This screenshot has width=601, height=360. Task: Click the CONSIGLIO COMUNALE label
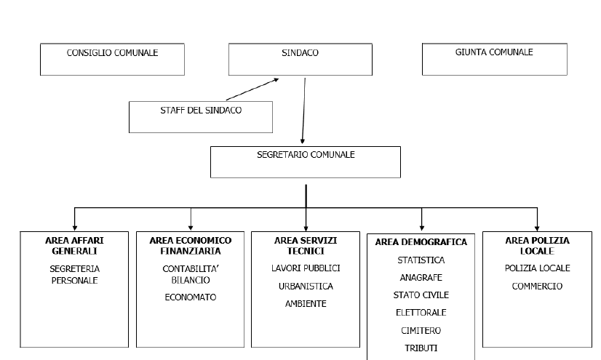coord(112,53)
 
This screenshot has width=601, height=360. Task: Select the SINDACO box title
coord(300,53)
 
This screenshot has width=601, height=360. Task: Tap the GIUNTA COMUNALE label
coord(494,52)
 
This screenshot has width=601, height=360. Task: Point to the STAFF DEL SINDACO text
coord(201,111)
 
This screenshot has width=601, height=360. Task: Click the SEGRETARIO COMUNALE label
coord(306,155)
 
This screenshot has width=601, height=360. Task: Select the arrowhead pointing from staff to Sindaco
coord(276,80)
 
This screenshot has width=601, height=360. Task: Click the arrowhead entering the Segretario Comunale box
coord(303,141)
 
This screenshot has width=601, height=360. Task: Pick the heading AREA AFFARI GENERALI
coord(74,246)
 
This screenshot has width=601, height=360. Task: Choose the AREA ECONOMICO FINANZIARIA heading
coord(191,246)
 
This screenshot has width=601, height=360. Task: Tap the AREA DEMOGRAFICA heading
coord(421,242)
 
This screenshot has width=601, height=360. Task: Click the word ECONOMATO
coord(191,297)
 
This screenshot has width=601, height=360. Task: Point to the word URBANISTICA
coord(306,287)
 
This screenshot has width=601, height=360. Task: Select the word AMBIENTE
coord(306,304)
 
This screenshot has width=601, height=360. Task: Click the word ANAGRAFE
coord(421,278)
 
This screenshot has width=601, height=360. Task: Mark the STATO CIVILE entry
coord(421,295)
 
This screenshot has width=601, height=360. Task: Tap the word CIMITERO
coord(421,330)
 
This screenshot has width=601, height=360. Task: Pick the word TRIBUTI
coord(421,348)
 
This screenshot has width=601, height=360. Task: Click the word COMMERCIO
coord(538,287)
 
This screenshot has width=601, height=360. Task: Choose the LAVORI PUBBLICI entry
coord(306,268)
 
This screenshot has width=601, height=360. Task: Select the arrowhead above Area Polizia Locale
coord(538,228)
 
